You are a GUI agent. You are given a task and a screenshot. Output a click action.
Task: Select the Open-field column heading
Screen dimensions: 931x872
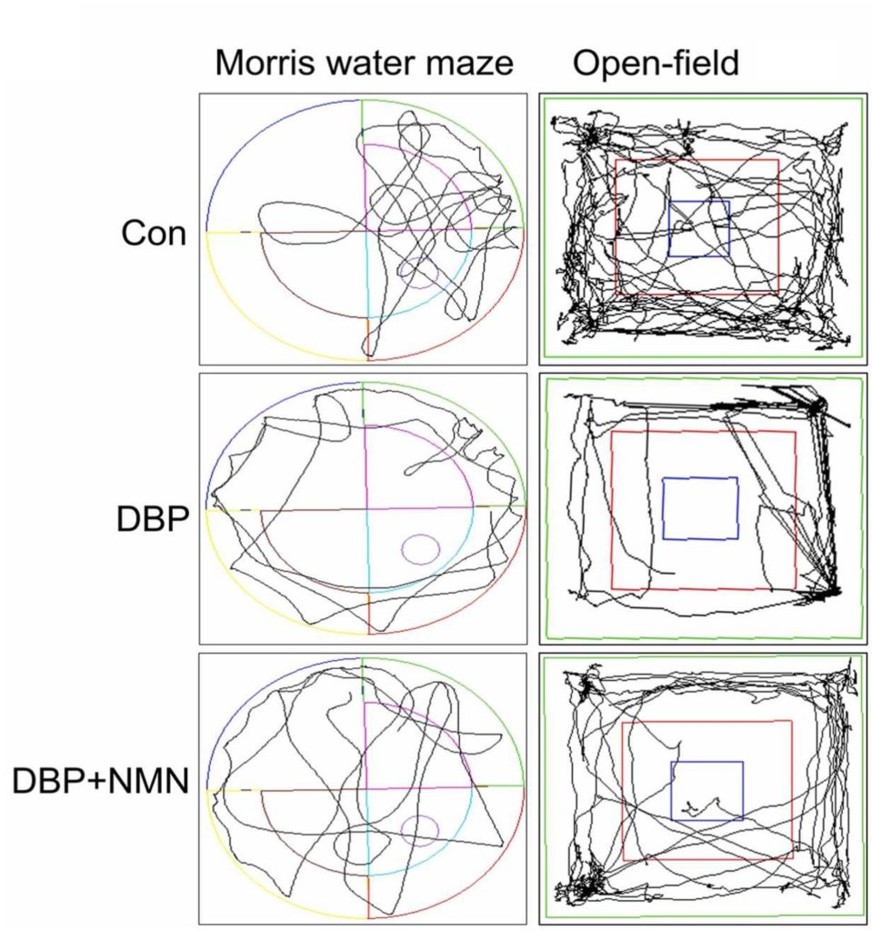click(656, 63)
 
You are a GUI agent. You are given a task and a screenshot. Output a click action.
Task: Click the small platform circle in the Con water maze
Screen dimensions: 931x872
click(420, 273)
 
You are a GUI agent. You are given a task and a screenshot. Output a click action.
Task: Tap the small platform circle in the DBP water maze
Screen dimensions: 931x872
click(420, 548)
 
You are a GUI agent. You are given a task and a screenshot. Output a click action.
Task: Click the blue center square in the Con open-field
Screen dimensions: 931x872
click(699, 228)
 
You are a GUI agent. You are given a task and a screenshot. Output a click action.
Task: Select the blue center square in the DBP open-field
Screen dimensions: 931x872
click(700, 508)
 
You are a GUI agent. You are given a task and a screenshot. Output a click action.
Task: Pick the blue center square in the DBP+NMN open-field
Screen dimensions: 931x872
click(707, 790)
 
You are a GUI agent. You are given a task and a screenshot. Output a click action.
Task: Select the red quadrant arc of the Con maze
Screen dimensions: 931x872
click(482, 317)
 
